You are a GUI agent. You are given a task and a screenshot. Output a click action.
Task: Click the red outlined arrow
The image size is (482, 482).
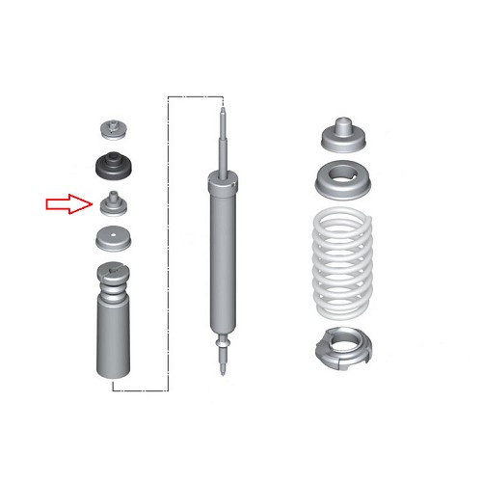[67, 203]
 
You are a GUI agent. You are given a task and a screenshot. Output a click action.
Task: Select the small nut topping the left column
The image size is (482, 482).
[113, 129]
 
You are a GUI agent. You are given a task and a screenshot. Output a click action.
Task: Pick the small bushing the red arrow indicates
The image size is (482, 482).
[113, 204]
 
